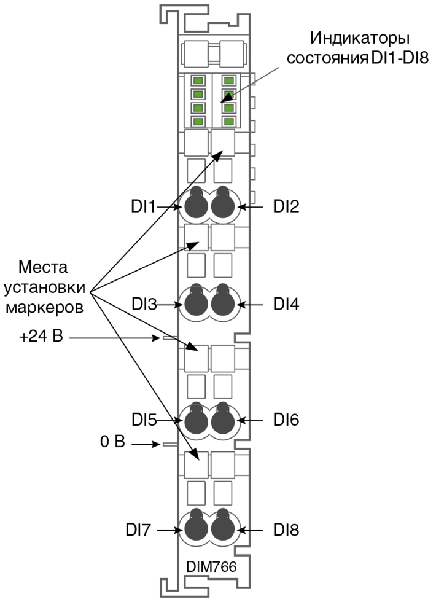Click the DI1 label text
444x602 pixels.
tap(142, 207)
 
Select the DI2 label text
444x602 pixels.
tap(286, 206)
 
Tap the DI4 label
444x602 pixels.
tap(286, 304)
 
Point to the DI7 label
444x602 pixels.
tap(138, 530)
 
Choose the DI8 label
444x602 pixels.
tap(286, 530)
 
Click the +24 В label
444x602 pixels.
tap(41, 337)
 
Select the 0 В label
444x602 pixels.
tap(112, 442)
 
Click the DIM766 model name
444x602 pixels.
tap(211, 566)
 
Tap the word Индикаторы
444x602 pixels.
tap(360, 38)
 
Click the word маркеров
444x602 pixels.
tap(44, 308)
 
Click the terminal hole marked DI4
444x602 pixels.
tap(222, 303)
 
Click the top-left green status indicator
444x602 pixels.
tap(198, 80)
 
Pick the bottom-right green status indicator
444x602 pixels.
tap(228, 122)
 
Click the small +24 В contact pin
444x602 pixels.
tap(170, 338)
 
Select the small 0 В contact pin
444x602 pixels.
tap(170, 444)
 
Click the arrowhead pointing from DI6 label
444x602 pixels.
tap(241, 420)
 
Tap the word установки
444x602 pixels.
tap(44, 287)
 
